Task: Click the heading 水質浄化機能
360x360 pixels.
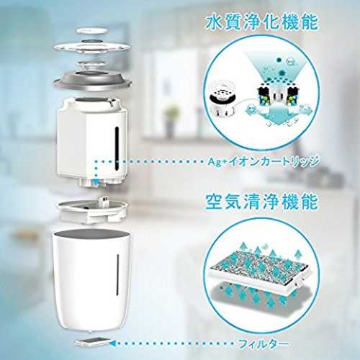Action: (261, 22)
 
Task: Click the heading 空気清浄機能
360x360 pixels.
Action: (261, 202)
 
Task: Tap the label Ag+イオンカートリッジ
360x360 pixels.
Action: (264, 161)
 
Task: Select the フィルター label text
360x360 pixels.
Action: (264, 344)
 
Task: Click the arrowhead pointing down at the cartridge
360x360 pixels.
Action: (96, 183)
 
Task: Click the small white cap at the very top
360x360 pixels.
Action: (92, 31)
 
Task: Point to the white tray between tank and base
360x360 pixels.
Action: (93, 211)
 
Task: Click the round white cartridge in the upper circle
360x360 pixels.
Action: (222, 98)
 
